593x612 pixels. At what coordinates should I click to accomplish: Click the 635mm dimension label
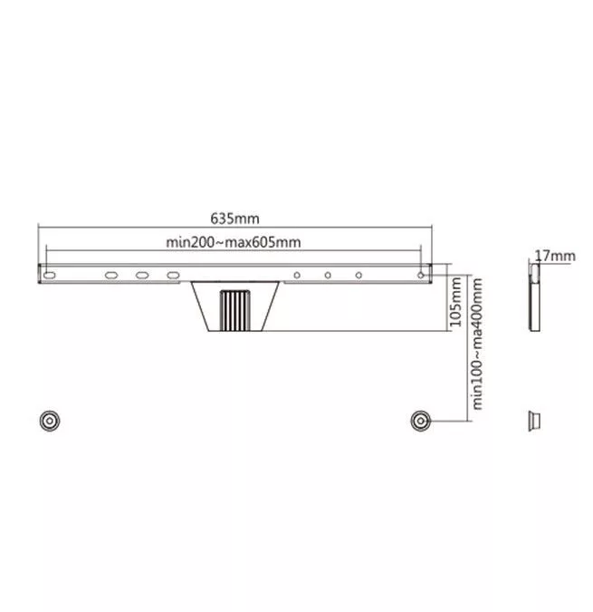pyautogui.click(x=234, y=219)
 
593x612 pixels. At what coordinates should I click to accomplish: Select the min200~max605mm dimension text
pyautogui.click(x=234, y=242)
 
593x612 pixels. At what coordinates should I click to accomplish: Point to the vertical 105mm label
pyautogui.click(x=455, y=302)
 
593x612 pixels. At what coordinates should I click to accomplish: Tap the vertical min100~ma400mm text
pyautogui.click(x=477, y=344)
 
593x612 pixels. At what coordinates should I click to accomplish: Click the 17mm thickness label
pyautogui.click(x=555, y=256)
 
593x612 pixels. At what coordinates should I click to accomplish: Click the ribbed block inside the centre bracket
pyautogui.click(x=235, y=311)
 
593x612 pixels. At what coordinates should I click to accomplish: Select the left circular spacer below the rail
pyautogui.click(x=50, y=421)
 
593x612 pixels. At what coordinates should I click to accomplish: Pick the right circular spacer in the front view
pyautogui.click(x=420, y=421)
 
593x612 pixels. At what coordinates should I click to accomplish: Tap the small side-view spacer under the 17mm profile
pyautogui.click(x=534, y=421)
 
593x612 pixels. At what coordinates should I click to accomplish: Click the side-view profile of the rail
pyautogui.click(x=534, y=297)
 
